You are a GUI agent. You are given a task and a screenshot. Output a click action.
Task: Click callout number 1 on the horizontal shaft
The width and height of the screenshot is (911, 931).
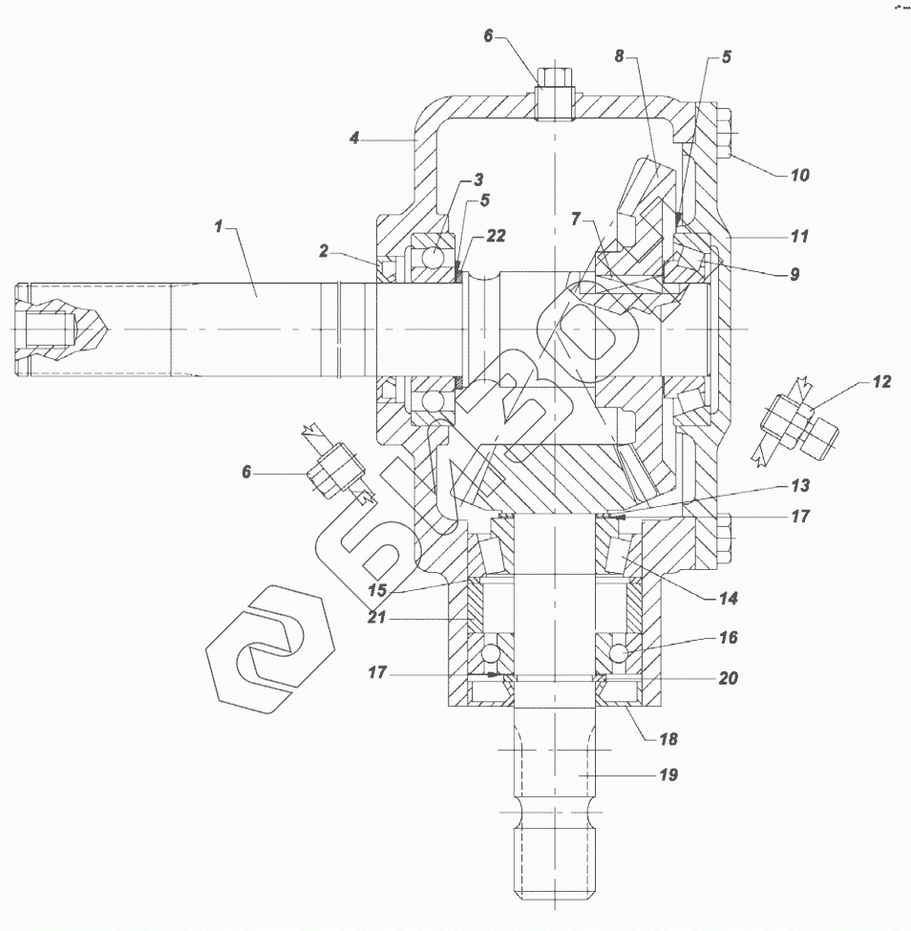pos(218,227)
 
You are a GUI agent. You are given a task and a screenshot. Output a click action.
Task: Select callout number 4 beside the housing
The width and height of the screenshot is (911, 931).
pos(353,138)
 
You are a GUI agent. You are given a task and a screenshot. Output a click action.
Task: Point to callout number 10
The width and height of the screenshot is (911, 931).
pos(798,175)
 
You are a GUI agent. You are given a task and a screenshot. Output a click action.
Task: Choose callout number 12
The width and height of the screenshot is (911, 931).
pos(880,382)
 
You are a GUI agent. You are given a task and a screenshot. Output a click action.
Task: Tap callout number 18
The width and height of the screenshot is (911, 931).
pos(668,739)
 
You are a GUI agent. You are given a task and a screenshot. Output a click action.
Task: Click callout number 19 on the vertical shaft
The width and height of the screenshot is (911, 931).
pos(668,774)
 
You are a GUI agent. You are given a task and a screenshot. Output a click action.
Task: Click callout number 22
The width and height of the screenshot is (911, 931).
pos(495,235)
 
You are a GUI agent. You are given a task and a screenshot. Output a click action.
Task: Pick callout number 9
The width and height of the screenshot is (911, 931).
pos(794,274)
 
